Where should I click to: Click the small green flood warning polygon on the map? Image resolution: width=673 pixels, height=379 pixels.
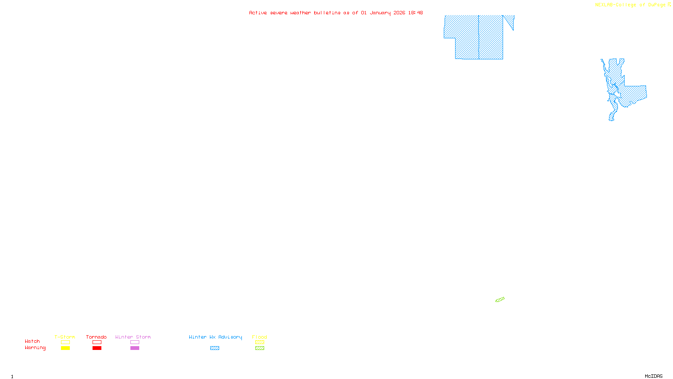point(500,300)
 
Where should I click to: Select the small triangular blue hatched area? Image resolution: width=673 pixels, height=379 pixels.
point(510,21)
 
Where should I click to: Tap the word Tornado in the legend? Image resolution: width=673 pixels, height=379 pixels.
point(96,337)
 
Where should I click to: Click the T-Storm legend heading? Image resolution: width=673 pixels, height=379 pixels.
point(65,337)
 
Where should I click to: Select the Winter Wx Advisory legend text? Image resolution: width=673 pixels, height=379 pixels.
point(215,337)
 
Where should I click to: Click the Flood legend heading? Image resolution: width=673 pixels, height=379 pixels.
point(260,337)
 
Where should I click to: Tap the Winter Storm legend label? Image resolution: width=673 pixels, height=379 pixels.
point(133,337)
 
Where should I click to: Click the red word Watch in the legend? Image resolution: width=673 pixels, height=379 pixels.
point(32,341)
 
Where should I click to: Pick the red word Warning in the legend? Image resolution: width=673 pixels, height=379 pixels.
point(35,348)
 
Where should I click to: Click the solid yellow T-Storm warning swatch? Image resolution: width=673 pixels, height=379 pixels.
point(65,348)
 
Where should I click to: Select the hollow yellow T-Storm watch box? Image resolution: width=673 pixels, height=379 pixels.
point(65,342)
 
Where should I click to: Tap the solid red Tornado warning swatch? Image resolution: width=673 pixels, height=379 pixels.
point(97,348)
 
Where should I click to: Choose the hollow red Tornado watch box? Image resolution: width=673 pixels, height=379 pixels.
point(97,342)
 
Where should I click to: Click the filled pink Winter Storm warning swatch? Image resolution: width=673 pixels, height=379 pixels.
point(135,348)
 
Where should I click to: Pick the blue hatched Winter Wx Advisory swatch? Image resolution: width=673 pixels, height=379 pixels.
point(215,348)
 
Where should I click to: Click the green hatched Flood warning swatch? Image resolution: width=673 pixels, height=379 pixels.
point(260,348)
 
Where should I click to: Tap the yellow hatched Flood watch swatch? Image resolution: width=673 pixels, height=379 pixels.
point(260,342)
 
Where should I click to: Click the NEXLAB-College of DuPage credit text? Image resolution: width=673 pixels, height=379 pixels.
point(631,5)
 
